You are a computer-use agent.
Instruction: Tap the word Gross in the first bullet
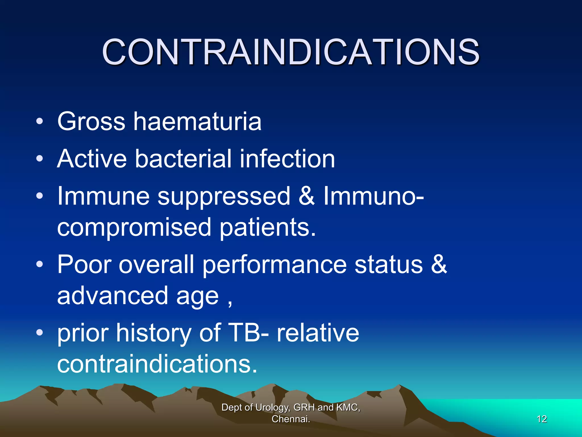tap(91, 122)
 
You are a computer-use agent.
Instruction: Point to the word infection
tap(287, 159)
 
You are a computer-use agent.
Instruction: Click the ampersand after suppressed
tap(307, 196)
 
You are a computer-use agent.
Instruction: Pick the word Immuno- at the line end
tap(373, 196)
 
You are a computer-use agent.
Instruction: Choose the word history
tap(153, 333)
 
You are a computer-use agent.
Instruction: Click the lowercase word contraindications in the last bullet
tap(157, 364)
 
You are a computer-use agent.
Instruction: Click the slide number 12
tap(542, 419)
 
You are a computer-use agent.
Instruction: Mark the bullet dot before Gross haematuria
tap(40, 122)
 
